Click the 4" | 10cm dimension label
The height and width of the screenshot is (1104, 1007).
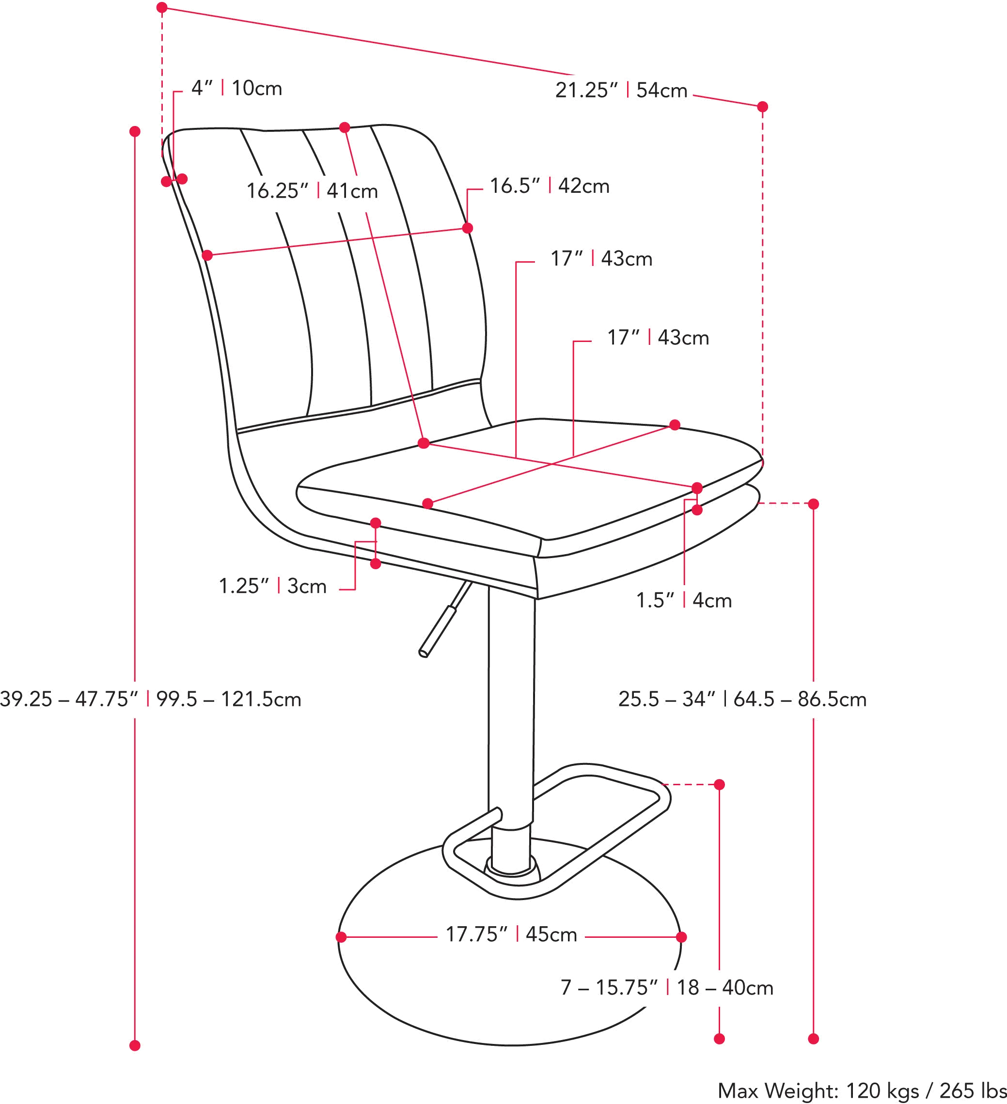click(x=236, y=88)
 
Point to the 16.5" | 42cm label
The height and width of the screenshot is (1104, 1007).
click(x=549, y=186)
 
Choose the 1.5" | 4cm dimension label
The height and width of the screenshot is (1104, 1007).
click(x=684, y=601)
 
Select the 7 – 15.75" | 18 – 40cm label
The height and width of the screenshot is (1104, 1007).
click(x=666, y=988)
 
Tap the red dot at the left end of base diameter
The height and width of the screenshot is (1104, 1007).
click(x=341, y=937)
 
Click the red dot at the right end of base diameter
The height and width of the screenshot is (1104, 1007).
click(x=681, y=937)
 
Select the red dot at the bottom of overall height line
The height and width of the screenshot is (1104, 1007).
click(x=136, y=1046)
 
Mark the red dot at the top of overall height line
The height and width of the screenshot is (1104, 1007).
click(x=136, y=131)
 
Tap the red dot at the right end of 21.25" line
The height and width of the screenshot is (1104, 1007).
click(x=762, y=107)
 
